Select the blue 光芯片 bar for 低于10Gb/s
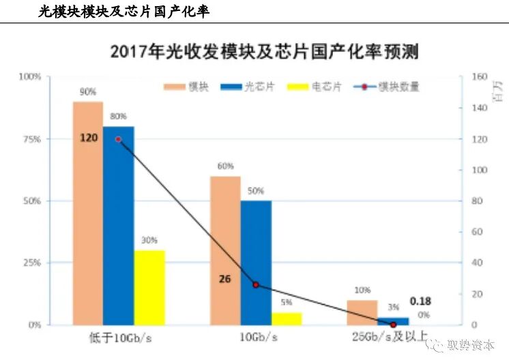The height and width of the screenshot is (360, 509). click(118, 225)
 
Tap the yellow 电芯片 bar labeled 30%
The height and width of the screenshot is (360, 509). click(149, 287)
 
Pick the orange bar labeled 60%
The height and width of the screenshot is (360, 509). click(225, 250)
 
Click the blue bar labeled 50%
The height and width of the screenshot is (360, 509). click(256, 262)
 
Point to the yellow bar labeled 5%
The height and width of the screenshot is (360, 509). click(286, 318)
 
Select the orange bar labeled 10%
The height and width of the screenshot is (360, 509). click(362, 312)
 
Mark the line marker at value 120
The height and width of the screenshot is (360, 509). click(118, 139)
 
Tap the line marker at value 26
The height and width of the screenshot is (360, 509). click(256, 284)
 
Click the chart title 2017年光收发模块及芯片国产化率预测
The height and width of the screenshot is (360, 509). click(264, 51)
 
